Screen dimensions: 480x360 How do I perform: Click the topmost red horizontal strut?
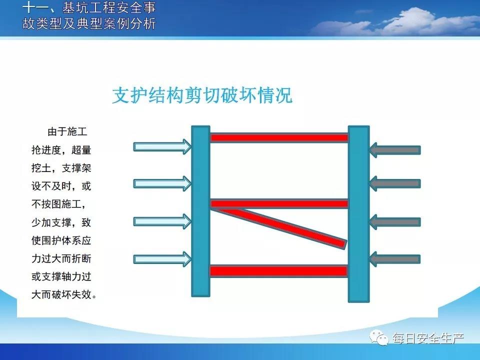tap(279, 137)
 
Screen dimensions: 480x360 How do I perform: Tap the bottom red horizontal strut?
tap(278, 271)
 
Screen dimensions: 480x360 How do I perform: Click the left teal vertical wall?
tap(201, 211)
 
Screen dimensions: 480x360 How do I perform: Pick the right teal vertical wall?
tap(359, 213)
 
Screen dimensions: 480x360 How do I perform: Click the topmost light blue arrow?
tap(162, 146)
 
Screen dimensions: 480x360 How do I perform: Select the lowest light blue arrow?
tap(162, 259)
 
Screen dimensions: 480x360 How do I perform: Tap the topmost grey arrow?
tap(395, 150)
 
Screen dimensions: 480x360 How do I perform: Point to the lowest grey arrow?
tap(395, 259)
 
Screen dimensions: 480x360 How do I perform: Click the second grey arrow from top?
tap(395, 183)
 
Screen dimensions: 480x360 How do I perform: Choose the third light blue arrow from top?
tap(162, 221)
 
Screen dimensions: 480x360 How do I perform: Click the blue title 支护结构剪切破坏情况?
tap(202, 95)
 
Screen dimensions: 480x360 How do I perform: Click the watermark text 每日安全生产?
tap(428, 338)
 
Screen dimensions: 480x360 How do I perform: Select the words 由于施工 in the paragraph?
tap(67, 131)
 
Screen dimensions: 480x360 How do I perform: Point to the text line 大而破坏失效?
tap(64, 294)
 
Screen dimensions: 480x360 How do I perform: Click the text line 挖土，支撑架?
tap(61, 168)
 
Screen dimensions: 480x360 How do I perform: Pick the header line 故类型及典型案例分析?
tap(89, 23)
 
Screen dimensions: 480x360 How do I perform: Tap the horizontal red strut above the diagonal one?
tap(279, 203)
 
